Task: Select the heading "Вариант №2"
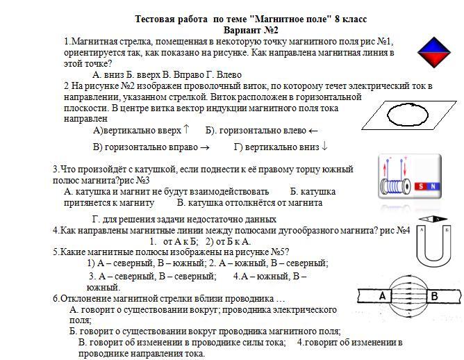(251, 31)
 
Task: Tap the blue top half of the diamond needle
(435, 43)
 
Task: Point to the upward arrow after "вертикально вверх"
(186, 130)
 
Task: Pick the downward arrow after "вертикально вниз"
(324, 147)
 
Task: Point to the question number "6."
(56, 299)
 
